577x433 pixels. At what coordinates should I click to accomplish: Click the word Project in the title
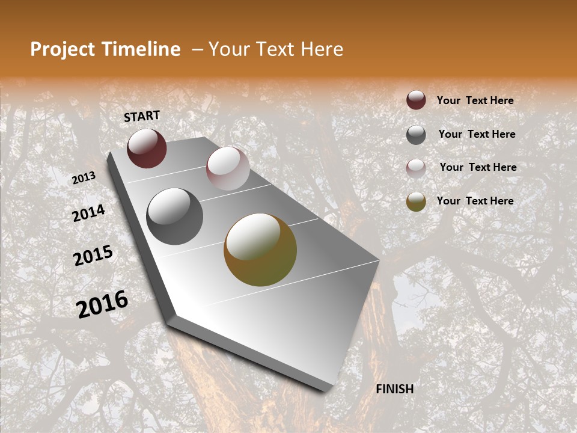62,50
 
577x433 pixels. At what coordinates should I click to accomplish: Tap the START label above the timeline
142,116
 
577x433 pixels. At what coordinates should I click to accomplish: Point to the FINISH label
394,389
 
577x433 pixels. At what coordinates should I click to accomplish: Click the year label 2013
84,178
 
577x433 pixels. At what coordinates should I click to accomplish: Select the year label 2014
88,213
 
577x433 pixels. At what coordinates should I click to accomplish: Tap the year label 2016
102,304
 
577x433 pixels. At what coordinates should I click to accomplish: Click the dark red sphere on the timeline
147,148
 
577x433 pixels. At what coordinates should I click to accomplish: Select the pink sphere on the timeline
228,168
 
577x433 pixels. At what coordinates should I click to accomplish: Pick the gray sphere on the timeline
175,216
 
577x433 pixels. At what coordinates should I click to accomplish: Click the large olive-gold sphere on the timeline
260,250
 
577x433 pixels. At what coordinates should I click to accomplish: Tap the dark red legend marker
416,100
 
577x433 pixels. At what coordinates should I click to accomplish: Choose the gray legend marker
416,135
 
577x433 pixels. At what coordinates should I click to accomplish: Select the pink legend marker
416,168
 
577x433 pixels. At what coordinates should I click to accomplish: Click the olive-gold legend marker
416,201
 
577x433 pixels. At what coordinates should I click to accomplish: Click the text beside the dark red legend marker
475,100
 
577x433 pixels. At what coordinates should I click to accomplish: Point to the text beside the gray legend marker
477,134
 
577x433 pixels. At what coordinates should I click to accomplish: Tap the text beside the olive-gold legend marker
475,201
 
